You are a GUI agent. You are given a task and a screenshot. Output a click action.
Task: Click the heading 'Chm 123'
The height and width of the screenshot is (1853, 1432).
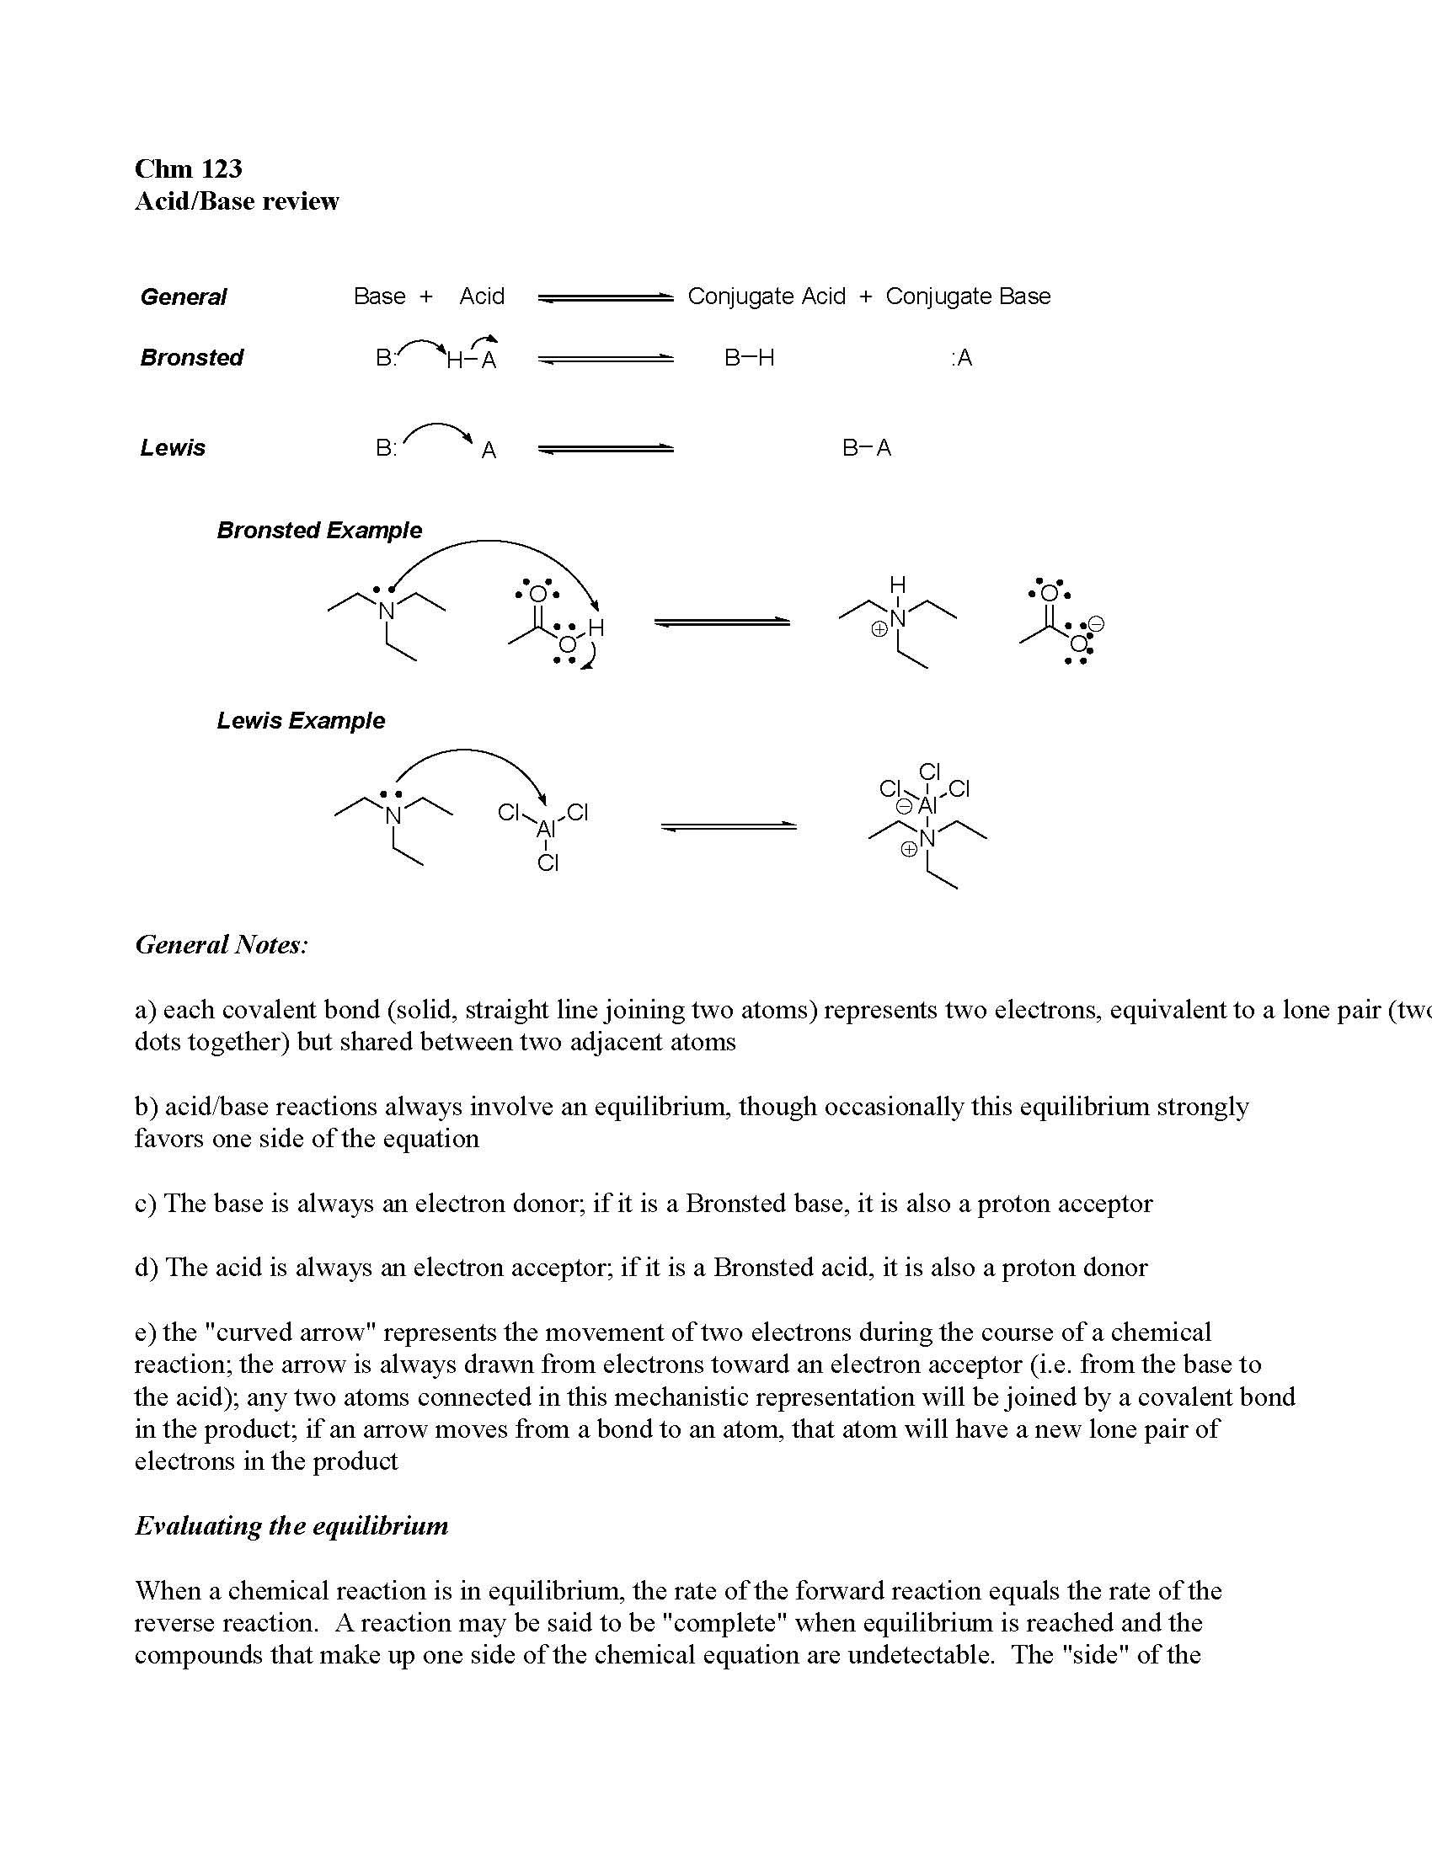click(x=189, y=168)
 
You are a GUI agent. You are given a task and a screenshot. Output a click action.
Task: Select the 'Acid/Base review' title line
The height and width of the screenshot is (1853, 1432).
click(x=237, y=201)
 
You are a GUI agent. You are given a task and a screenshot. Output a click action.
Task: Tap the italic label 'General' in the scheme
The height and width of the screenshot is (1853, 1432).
click(x=184, y=297)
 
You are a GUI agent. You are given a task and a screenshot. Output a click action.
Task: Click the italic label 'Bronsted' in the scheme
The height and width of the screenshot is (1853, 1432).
click(x=192, y=357)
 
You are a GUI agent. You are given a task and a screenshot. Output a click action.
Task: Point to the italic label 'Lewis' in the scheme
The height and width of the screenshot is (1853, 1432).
click(x=173, y=447)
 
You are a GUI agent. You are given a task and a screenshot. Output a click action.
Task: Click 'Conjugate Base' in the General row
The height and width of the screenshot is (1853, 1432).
click(x=968, y=296)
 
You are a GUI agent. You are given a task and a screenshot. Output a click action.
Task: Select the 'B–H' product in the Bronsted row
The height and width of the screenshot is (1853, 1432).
click(x=749, y=358)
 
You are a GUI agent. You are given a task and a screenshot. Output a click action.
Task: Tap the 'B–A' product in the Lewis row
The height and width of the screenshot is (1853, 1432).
click(x=866, y=448)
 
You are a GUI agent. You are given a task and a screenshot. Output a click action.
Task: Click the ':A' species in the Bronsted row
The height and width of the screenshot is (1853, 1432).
click(x=961, y=358)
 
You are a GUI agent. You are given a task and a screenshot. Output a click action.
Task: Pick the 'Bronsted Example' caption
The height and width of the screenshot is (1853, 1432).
click(x=319, y=531)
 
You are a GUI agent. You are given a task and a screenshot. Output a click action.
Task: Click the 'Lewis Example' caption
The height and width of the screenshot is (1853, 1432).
click(x=301, y=720)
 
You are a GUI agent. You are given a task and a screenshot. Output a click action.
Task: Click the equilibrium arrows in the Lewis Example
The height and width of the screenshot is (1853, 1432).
click(x=729, y=825)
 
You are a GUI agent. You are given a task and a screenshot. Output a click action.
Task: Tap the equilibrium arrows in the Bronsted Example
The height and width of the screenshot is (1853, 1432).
click(x=722, y=622)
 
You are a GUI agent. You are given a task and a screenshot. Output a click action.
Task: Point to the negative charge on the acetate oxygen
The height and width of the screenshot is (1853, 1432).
click(x=1095, y=625)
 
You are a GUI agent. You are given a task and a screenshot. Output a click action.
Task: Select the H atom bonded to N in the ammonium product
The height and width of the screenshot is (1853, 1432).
click(x=898, y=584)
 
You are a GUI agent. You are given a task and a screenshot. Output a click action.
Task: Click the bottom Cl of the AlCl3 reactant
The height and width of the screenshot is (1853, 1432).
click(x=548, y=863)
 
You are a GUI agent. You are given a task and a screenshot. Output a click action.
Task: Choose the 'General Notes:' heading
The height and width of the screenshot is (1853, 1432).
click(x=222, y=944)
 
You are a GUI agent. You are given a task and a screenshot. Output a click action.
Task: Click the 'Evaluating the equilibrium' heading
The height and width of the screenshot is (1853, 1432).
click(x=291, y=1526)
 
